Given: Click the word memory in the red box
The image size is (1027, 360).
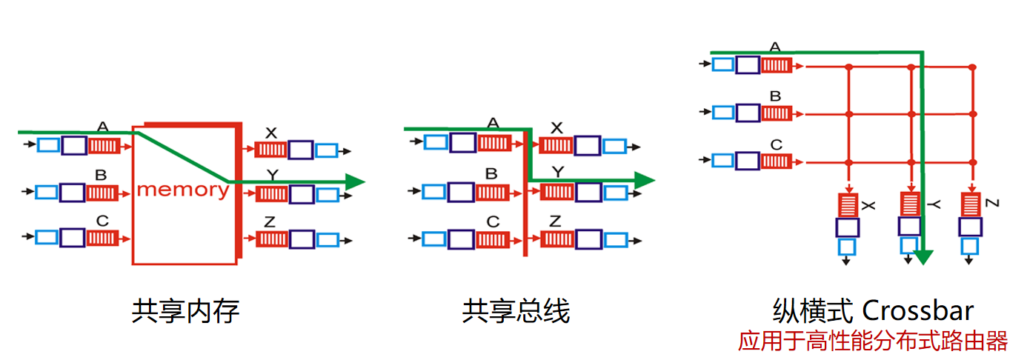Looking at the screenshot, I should tap(182, 190).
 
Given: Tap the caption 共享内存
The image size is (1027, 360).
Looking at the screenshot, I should tap(186, 311).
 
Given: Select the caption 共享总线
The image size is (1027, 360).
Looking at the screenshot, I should tap(516, 311).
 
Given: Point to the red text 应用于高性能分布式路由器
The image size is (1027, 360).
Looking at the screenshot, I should tap(873, 341).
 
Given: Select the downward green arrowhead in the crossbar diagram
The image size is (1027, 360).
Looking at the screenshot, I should tap(923, 257).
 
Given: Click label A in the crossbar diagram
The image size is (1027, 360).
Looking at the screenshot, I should tap(775, 47).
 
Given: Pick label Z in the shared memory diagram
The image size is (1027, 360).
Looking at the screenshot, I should tap(270, 221).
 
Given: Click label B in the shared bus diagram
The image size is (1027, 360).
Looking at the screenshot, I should tap(491, 174).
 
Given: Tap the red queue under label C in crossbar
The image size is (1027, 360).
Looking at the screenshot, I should tap(777, 161).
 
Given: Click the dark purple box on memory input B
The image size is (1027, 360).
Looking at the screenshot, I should tap(73, 193).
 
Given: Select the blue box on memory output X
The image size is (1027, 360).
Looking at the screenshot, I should tap(327, 150).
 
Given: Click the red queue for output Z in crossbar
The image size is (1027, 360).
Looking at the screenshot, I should tap(971, 204).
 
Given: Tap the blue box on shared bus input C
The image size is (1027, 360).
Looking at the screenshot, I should tap(435, 239).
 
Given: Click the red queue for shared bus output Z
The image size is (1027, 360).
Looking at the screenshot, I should tap(556, 239).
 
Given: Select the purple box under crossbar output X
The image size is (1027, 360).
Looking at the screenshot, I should tap(847, 227).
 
